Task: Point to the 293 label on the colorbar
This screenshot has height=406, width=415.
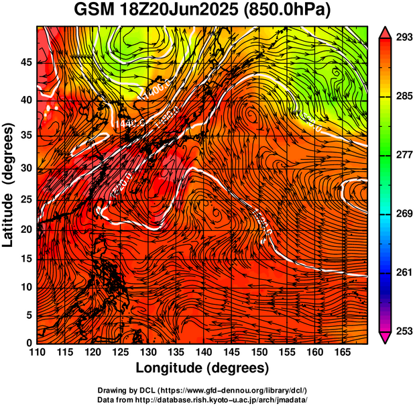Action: click(404, 38)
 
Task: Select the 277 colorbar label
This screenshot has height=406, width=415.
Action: click(404, 155)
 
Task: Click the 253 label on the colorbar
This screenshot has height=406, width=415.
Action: click(404, 331)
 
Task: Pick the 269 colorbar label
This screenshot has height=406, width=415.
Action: click(404, 213)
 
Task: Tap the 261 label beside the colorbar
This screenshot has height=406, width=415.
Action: click(404, 272)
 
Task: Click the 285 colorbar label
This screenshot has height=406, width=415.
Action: click(404, 97)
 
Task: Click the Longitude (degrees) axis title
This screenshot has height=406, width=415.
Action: click(202, 368)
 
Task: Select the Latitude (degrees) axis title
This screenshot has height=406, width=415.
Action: click(9, 185)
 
